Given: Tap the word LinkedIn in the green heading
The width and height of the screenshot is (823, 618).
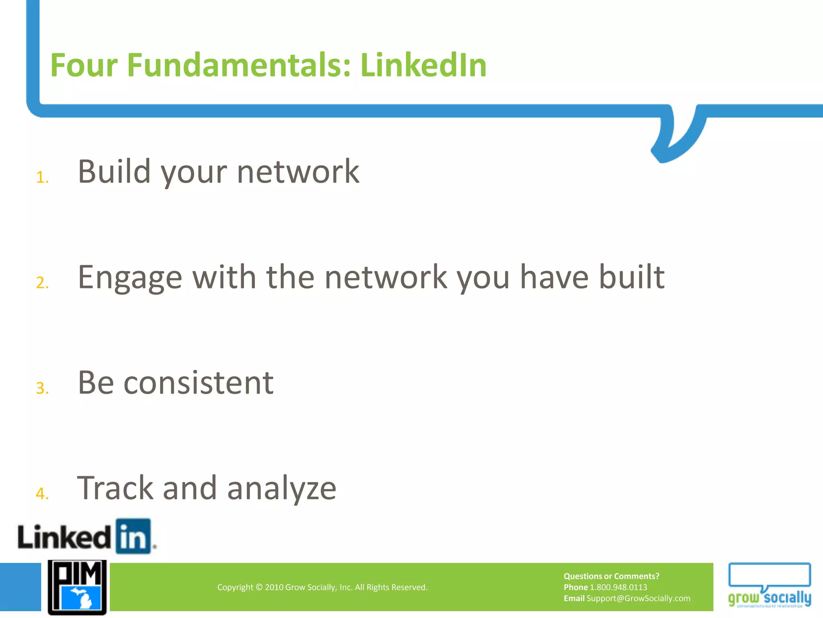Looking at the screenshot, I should [x=423, y=65].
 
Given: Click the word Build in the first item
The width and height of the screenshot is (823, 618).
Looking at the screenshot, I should [x=114, y=172].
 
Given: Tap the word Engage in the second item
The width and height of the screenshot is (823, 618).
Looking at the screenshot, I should [x=130, y=278].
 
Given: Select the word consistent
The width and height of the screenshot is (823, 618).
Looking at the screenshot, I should [x=199, y=383].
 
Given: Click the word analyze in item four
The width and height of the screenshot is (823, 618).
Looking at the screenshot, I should [x=281, y=488].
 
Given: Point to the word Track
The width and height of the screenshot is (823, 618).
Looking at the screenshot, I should [x=115, y=488].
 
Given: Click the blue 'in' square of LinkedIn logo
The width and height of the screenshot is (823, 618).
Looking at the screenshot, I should [x=133, y=536].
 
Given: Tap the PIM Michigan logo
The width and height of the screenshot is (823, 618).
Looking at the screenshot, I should [x=77, y=587].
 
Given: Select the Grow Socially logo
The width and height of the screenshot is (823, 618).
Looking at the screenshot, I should [x=769, y=585].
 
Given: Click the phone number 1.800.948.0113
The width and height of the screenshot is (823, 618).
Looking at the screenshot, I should [x=618, y=587].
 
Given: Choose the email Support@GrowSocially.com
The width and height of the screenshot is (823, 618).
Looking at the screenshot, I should [x=638, y=598].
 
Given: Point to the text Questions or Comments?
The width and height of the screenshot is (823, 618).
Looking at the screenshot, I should [x=611, y=576].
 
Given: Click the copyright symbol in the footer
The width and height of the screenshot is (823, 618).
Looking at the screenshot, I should [x=259, y=587].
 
